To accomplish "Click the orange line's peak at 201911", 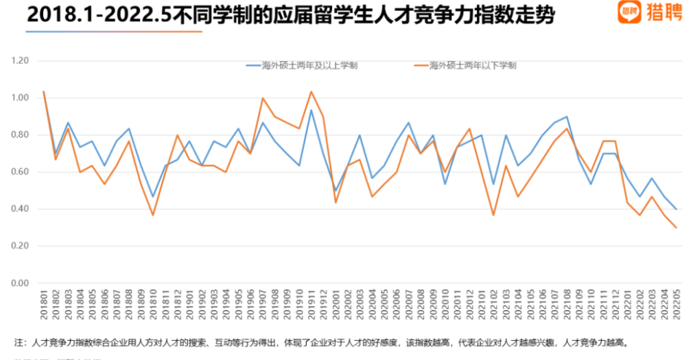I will point(311,91).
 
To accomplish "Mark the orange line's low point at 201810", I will point(153,215).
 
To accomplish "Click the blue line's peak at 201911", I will point(311,110).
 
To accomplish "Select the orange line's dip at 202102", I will point(493,215).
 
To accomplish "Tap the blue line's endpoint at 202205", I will point(676,209).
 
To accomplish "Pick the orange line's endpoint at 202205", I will point(676,228).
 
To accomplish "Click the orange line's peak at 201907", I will point(263,98).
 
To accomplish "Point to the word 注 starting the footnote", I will point(19,341).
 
